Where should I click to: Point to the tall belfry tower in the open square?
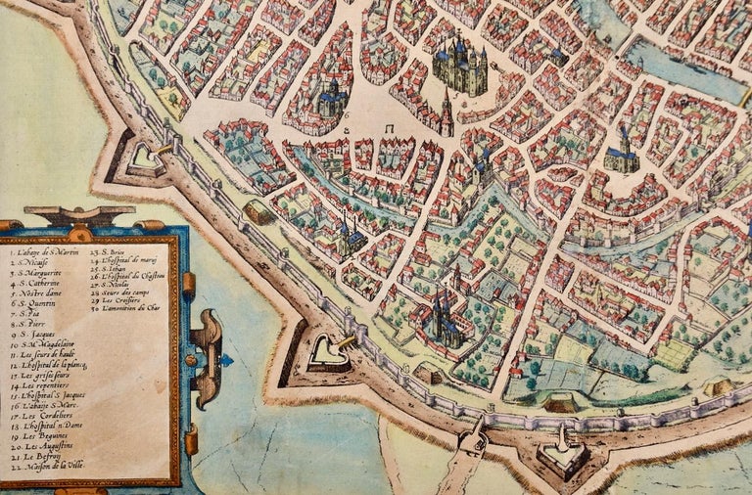pos(446,112)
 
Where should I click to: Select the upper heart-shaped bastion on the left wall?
pos(145,155)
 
